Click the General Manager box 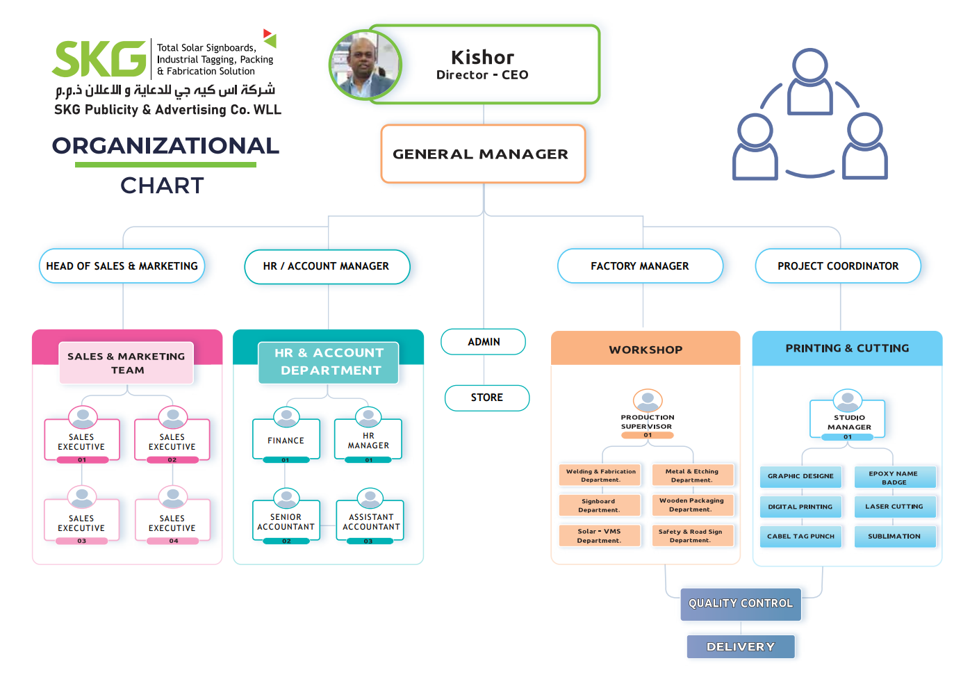(x=483, y=154)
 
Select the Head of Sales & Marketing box (x=122, y=266)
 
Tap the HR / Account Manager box (x=327, y=266)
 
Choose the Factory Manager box (x=640, y=266)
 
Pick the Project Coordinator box (x=838, y=266)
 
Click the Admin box (x=484, y=342)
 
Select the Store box (x=486, y=398)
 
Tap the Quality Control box (x=741, y=604)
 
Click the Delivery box (x=741, y=646)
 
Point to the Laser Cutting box (x=895, y=506)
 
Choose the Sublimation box (x=895, y=536)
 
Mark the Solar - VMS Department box (x=600, y=536)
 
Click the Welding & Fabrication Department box (x=600, y=475)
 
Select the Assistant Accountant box (x=370, y=521)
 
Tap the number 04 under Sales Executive (x=173, y=541)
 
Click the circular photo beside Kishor (x=365, y=65)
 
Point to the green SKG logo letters (x=99, y=59)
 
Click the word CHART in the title (x=162, y=186)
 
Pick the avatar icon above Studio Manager (x=848, y=400)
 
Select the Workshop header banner (x=646, y=348)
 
